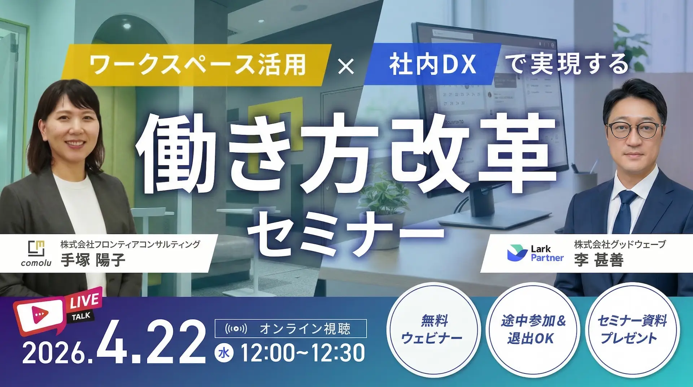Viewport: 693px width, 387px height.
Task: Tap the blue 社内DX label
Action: pos(432,64)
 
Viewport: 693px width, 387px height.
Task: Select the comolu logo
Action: pos(36,253)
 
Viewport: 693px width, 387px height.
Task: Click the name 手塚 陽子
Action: pos(93,260)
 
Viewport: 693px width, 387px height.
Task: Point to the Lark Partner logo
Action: pos(535,253)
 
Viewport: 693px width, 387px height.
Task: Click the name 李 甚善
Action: pos(599,260)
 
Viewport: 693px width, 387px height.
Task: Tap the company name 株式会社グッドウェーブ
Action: pos(620,244)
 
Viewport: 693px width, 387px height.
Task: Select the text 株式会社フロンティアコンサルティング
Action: pos(130,244)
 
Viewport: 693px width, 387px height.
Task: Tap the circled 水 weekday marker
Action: pos(224,353)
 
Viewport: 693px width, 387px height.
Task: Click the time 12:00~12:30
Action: pos(302,353)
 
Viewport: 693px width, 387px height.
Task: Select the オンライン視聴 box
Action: pos(291,329)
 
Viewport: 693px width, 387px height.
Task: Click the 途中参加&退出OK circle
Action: pos(532,329)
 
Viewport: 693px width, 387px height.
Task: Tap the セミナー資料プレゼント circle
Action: pos(632,329)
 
